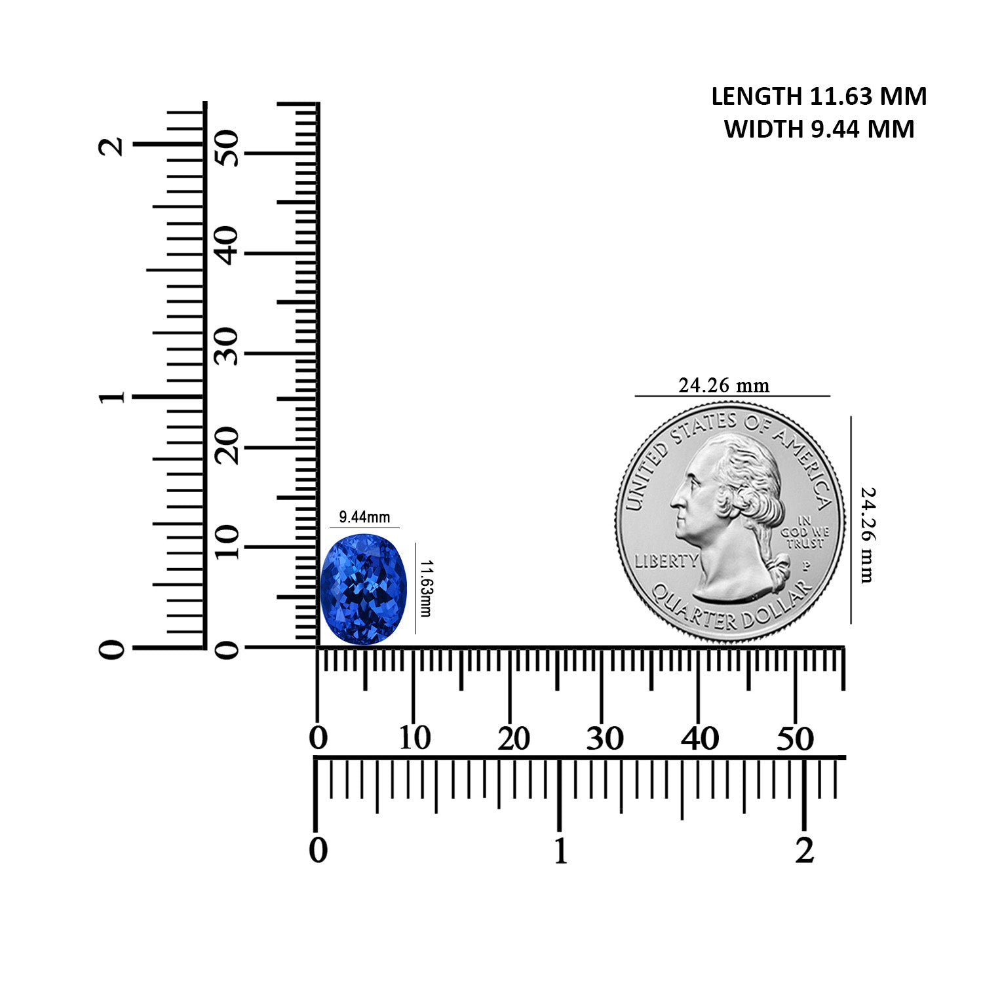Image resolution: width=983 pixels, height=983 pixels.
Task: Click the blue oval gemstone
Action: [x=363, y=590]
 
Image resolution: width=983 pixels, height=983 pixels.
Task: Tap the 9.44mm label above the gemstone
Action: [x=364, y=517]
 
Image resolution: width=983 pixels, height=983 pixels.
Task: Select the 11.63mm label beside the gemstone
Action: [x=425, y=588]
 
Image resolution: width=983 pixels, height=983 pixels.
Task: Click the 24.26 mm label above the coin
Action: [x=723, y=385]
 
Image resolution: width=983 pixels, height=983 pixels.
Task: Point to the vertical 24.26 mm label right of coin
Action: [x=867, y=535]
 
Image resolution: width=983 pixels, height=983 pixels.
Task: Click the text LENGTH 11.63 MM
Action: [x=819, y=96]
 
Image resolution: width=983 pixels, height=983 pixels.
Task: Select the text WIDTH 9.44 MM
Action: [x=819, y=129]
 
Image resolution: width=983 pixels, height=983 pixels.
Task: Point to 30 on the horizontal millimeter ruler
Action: [x=604, y=739]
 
